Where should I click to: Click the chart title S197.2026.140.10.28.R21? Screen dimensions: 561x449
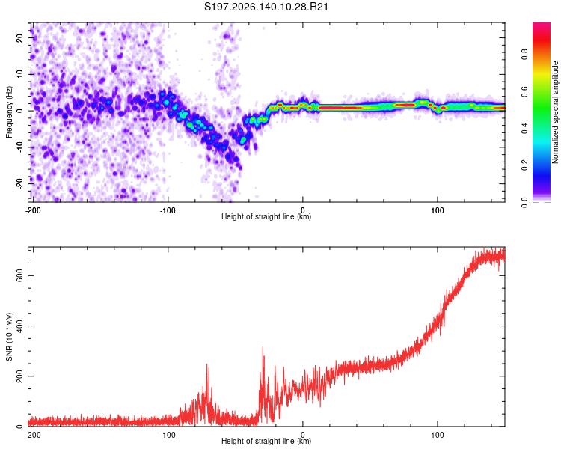[266, 7]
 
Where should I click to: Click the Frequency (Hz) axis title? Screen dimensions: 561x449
[9, 112]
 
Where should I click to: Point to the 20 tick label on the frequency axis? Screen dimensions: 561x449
[19, 37]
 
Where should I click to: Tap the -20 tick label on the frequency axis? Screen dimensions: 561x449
[19, 184]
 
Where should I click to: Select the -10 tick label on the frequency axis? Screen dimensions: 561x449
[19, 147]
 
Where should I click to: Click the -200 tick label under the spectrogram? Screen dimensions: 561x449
[33, 210]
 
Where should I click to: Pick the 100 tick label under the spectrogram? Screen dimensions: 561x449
[438, 210]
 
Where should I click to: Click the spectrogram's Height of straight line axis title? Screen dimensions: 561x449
[266, 216]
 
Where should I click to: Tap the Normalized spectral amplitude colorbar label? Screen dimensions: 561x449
[555, 112]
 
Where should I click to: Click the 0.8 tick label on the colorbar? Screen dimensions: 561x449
[524, 55]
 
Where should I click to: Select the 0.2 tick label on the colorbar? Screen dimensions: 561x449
[524, 165]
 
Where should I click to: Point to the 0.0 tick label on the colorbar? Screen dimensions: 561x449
[524, 202]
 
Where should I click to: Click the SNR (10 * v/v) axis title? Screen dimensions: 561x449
[9, 337]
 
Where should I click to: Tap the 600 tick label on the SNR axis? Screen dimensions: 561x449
[19, 275]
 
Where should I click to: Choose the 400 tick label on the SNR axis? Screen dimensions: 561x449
[19, 326]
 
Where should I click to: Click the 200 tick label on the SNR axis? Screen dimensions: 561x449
[19, 376]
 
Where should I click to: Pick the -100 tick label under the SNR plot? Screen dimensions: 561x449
[168, 435]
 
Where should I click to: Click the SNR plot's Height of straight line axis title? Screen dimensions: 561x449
[266, 441]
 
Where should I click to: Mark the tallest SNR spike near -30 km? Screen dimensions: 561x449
[263, 347]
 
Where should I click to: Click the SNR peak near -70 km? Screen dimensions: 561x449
[206, 364]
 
